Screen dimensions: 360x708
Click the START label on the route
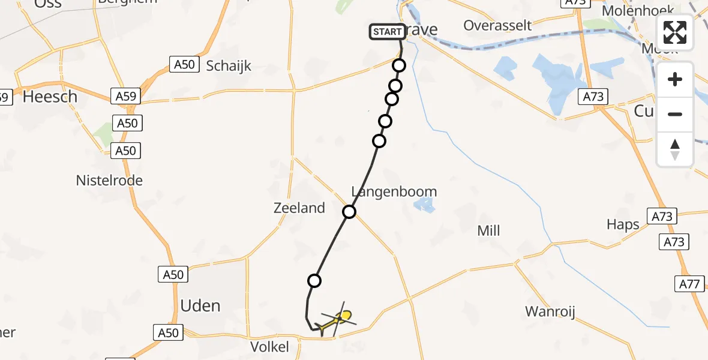tap(387, 32)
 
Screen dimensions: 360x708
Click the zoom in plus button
tap(675, 79)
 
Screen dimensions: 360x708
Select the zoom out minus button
tap(675, 114)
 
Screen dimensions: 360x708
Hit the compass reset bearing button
tap(675, 149)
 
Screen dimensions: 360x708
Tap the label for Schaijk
tap(229, 66)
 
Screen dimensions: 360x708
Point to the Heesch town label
tap(50, 96)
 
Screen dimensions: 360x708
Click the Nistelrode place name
tap(109, 180)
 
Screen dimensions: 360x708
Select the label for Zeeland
tap(299, 208)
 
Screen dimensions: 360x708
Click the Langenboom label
tap(394, 192)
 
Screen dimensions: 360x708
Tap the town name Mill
tap(488, 230)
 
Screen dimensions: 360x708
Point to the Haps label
tap(623, 225)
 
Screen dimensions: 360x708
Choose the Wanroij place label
tap(550, 311)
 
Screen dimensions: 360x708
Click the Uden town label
tap(200, 306)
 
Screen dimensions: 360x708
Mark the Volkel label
tap(269, 346)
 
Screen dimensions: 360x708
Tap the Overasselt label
tap(497, 25)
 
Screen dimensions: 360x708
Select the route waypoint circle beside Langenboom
tap(349, 211)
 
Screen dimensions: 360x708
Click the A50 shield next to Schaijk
tap(184, 64)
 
